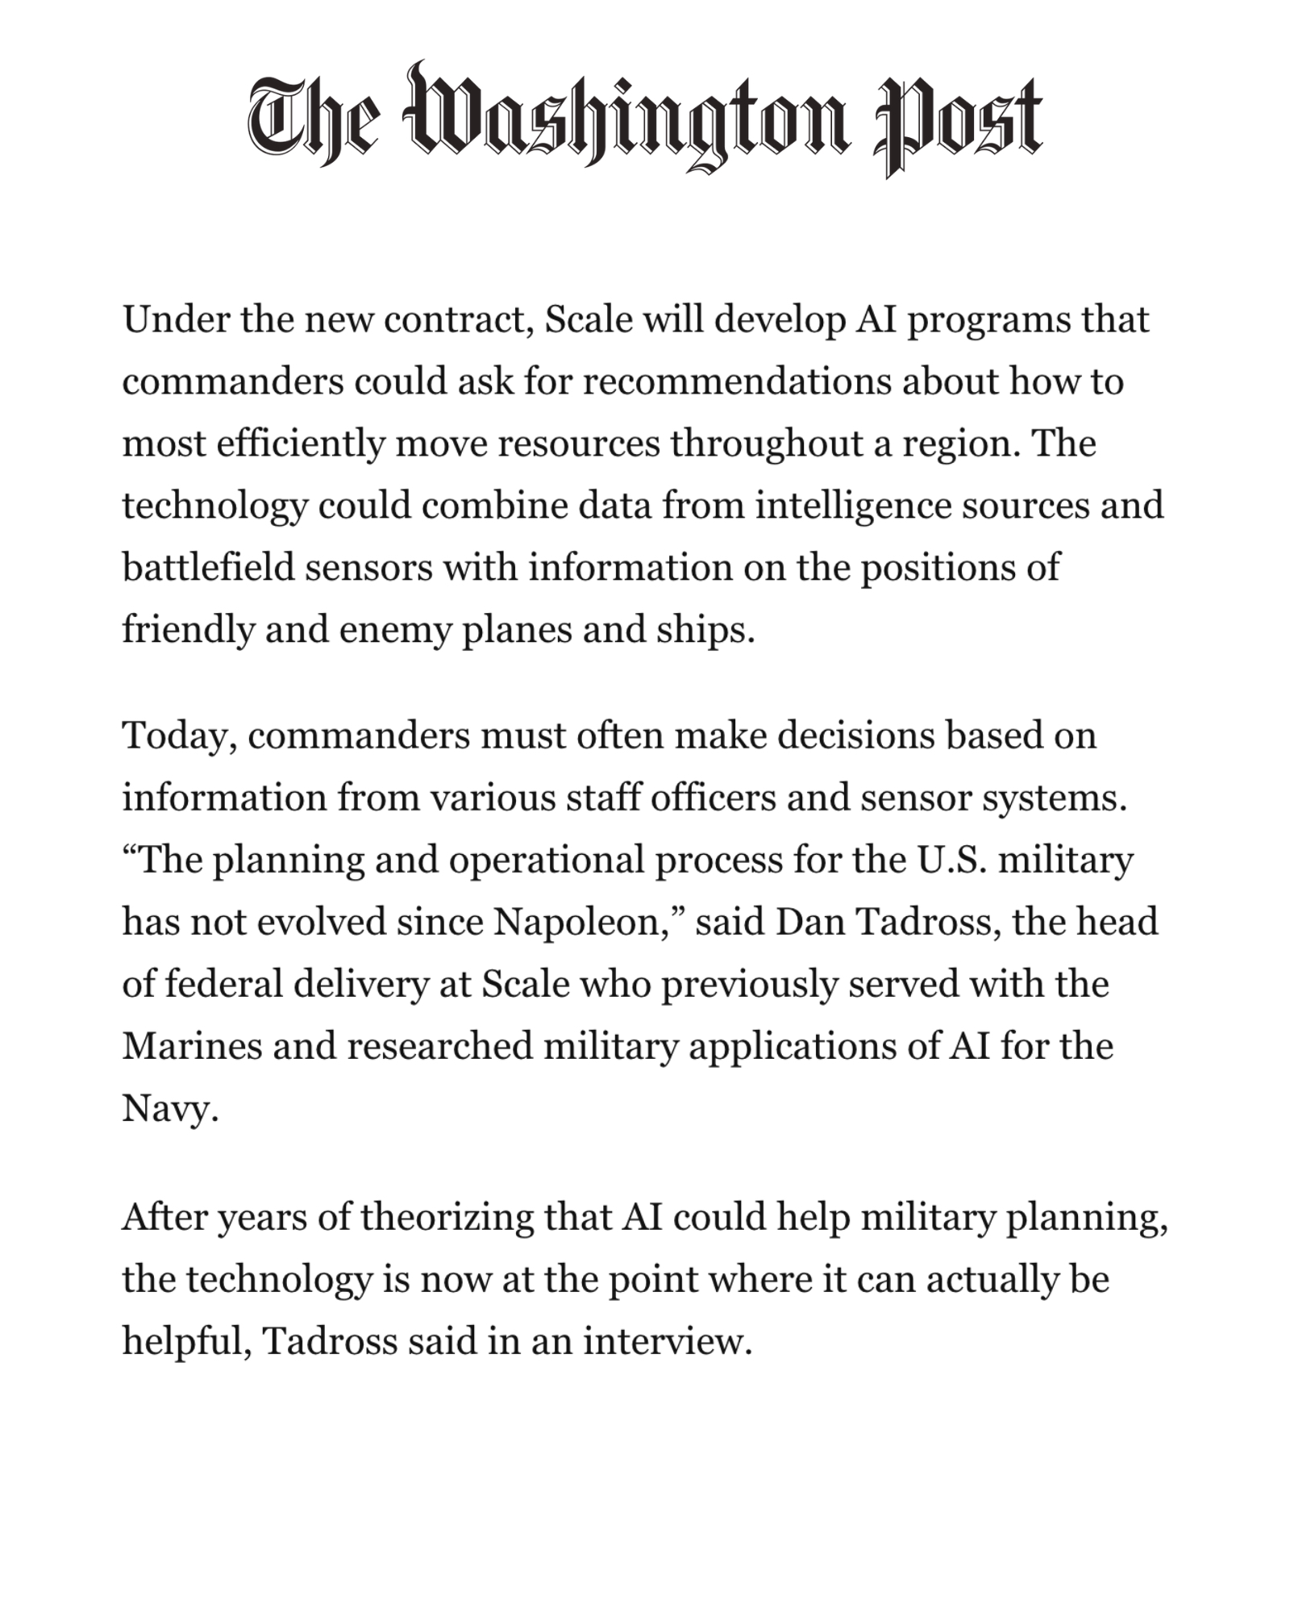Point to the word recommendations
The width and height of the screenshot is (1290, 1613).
click(x=737, y=381)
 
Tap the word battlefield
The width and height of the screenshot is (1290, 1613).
click(x=208, y=567)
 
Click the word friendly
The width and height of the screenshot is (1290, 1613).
click(x=188, y=630)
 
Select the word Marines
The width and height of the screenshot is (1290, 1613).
click(x=191, y=1046)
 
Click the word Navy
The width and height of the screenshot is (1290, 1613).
click(x=169, y=1108)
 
